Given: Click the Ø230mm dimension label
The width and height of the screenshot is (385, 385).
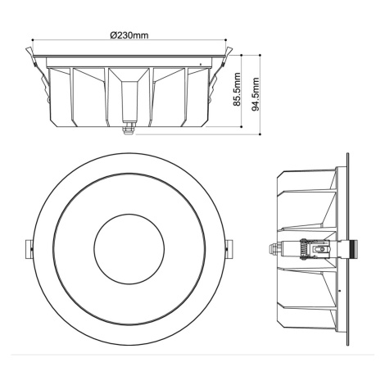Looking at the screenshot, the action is [129, 35].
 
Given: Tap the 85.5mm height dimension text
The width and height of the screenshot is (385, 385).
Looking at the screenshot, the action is [237, 89].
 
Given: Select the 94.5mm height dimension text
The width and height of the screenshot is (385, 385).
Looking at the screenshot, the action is [256, 94].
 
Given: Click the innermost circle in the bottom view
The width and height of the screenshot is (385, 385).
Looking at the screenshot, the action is [129, 249].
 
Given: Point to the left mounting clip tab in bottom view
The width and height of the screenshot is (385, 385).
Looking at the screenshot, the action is [29, 249].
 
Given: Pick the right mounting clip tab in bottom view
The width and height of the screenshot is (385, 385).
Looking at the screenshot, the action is [230, 249].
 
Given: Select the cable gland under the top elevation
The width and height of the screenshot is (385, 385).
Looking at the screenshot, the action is [129, 129].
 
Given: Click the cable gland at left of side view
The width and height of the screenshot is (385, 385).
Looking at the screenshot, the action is [274, 249].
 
